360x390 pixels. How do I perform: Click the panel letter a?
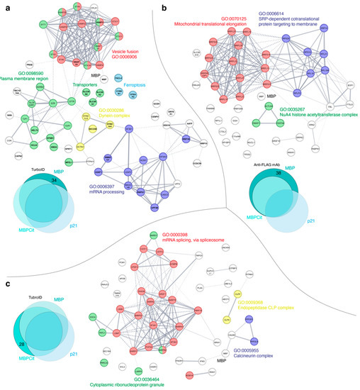[x=6, y=8]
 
